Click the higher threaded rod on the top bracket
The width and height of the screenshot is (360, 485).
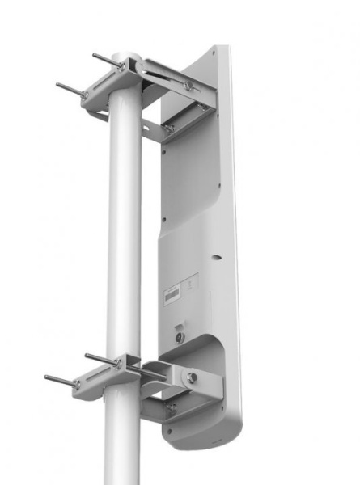(x=105, y=61)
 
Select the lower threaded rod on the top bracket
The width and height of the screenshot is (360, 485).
(x=69, y=88)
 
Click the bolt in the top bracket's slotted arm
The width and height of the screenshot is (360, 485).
(x=188, y=84)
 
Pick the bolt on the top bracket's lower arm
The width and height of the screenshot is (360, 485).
(x=168, y=127)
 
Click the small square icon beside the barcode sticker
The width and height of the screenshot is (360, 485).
(x=189, y=285)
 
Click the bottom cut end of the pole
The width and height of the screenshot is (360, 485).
(x=122, y=480)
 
